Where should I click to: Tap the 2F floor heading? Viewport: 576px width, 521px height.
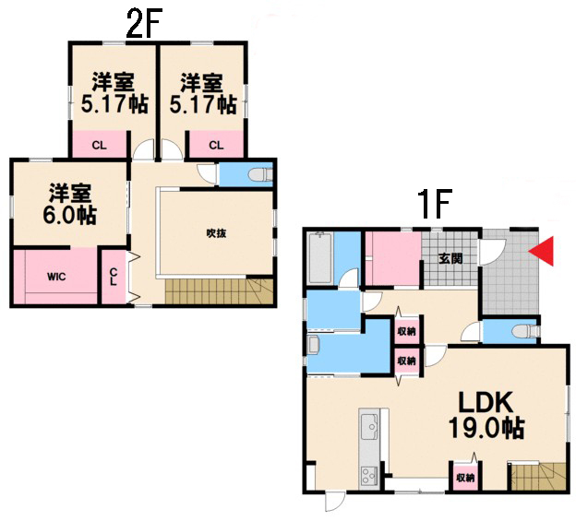(144, 23)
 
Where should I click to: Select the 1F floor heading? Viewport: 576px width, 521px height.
(434, 205)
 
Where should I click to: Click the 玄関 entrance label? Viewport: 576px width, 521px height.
(450, 259)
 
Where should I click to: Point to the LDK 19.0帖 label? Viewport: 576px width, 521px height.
(486, 415)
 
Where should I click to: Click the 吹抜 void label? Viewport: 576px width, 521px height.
(216, 233)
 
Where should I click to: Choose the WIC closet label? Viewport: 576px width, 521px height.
(56, 276)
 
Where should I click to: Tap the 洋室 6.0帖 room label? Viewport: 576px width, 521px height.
(70, 205)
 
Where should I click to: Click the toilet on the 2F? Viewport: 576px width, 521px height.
(261, 174)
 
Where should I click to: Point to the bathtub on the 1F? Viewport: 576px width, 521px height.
(320, 258)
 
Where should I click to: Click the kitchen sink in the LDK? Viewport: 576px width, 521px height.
(369, 426)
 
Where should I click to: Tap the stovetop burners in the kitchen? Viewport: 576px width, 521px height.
(369, 476)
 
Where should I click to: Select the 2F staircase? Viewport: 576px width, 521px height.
(219, 291)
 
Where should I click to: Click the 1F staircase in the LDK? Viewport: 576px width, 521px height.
(537, 476)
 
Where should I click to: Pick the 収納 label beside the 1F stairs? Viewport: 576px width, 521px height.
(465, 478)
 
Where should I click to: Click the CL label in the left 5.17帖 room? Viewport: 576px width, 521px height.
(99, 146)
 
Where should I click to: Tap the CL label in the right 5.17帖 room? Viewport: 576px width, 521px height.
(216, 146)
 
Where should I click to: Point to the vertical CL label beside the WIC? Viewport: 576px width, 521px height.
(114, 277)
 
